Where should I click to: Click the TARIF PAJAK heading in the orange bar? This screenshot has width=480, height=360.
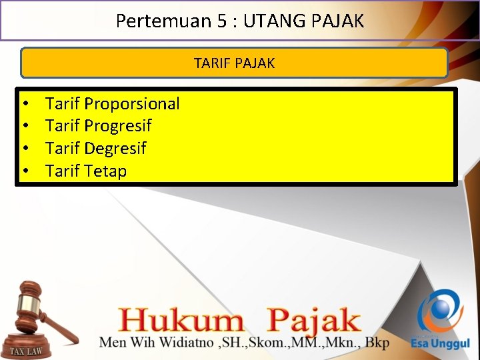234,63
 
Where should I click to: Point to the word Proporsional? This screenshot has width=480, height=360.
132,103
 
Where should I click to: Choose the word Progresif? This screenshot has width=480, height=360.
118,125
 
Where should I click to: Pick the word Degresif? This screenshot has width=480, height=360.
115,148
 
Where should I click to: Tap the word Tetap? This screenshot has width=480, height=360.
106,171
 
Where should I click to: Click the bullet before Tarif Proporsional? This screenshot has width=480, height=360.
24,104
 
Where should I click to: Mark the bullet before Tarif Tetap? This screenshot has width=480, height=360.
24,171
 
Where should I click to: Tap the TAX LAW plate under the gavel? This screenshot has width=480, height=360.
27,351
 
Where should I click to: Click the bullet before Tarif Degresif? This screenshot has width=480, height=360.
24,149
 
